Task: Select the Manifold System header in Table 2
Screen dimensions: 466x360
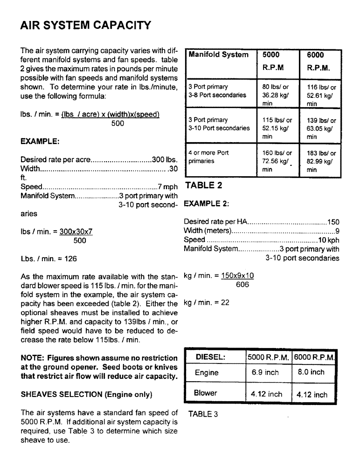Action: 218,55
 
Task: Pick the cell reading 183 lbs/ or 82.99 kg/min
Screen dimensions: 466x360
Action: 321,161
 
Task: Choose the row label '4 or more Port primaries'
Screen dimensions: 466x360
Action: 208,157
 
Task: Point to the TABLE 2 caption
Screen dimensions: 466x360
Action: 204,185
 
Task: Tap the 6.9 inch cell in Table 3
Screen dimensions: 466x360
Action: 265,373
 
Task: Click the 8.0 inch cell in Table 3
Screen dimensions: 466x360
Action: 311,372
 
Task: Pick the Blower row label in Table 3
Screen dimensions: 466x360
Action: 206,393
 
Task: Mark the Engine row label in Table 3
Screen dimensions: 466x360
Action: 207,373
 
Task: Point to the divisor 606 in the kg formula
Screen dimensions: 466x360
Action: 242,284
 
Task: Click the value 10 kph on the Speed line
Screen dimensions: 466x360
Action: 328,240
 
